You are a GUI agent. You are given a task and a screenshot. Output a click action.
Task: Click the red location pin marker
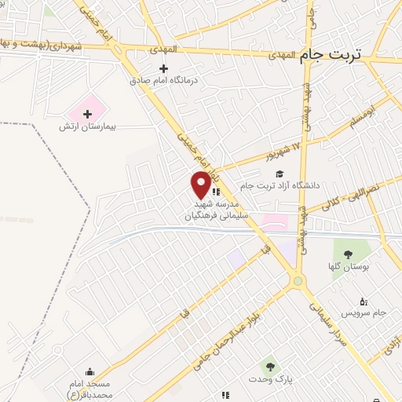tap(201, 184)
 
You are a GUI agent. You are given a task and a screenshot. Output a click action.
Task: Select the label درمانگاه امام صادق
tap(163, 79)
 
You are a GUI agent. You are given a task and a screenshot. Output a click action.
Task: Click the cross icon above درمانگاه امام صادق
tap(163, 68)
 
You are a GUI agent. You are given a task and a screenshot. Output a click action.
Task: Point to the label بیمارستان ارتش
tap(87, 126)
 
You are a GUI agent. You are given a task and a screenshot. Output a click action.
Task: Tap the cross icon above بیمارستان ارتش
tap(87, 115)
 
